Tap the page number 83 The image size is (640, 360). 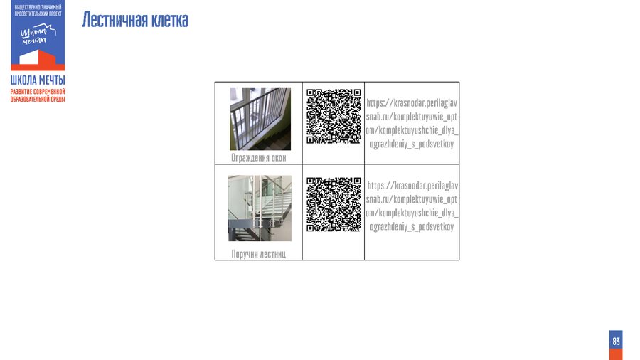pyautogui.click(x=616, y=342)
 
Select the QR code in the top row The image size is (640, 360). pyautogui.click(x=334, y=117)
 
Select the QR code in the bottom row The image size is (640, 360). pyautogui.click(x=334, y=204)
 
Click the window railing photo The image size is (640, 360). pyautogui.click(x=260, y=119)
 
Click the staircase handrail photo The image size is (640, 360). pyautogui.click(x=260, y=208)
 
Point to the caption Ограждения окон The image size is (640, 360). pyautogui.click(x=259, y=157)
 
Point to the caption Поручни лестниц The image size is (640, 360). pyautogui.click(x=259, y=254)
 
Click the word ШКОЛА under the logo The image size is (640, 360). pyautogui.click(x=23, y=80)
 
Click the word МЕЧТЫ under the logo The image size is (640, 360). pyautogui.click(x=52, y=80)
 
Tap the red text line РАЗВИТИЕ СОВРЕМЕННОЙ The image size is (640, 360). pyautogui.click(x=38, y=92)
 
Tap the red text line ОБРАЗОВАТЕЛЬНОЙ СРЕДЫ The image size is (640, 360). pyautogui.click(x=38, y=99)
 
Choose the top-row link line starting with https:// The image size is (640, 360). pyautogui.click(x=412, y=103)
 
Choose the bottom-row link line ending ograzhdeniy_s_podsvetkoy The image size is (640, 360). pyautogui.click(x=412, y=226)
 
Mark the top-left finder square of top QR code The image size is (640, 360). pyautogui.click(x=310, y=92)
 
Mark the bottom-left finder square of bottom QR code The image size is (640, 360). pyautogui.click(x=310, y=228)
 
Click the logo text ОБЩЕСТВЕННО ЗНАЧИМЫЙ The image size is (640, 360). pyautogui.click(x=38, y=7)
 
